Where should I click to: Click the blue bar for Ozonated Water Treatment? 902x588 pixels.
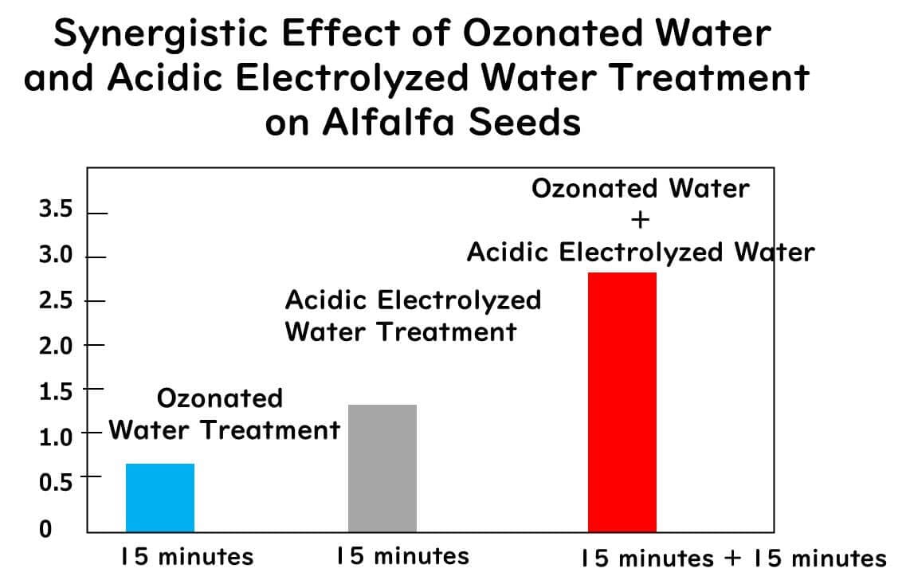pos(160,497)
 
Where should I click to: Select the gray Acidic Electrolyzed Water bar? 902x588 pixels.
pos(382,468)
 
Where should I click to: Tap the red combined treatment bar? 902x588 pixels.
pos(622,402)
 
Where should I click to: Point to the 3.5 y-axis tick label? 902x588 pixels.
pos(56,210)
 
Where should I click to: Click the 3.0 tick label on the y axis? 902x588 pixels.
pos(56,256)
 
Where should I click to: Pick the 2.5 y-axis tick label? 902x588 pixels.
pos(56,300)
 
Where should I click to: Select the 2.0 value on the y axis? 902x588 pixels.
pos(56,346)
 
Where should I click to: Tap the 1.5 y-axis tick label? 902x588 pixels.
pos(56,391)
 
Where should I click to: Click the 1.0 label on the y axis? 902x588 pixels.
pos(56,436)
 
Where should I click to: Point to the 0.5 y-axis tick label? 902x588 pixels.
pos(56,481)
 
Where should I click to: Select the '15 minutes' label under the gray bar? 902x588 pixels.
pos(402,555)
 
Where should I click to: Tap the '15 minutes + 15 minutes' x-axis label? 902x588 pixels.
pos(733,558)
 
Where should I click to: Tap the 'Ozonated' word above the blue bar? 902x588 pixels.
pos(220,398)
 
